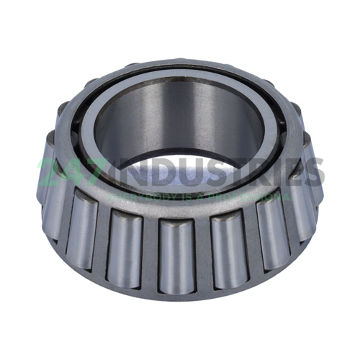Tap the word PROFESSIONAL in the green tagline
coord(256,196)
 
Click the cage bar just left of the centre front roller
coord(152,252)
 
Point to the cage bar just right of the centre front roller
coord(201,252)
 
